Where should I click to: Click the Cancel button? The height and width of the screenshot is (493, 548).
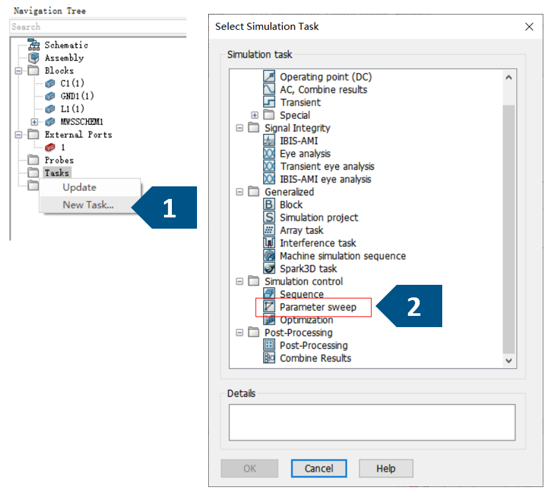319,468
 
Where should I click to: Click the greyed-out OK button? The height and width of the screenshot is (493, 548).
249,468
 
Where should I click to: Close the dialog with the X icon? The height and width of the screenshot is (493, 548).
529,26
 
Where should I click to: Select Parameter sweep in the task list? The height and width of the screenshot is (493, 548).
318,307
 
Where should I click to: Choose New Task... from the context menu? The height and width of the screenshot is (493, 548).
88,205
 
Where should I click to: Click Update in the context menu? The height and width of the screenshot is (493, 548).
79,187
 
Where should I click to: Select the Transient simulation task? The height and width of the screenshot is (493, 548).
300,102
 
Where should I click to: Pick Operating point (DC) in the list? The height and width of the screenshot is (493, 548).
325,77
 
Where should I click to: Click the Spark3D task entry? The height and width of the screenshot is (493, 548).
308,269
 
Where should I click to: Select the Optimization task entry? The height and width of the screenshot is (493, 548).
306,320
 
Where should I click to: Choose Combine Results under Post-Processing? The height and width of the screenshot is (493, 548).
315,358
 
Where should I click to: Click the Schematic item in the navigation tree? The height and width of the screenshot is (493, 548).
66,45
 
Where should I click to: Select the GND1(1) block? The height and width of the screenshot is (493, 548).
77,96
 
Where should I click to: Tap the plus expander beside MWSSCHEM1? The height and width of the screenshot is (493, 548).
34,122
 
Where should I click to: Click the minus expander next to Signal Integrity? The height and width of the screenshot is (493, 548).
239,128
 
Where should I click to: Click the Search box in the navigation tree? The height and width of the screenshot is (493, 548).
98,26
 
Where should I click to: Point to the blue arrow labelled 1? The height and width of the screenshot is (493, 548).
164,208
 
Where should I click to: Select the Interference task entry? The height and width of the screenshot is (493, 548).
318,243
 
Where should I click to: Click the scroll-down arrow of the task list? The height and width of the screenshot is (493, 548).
509,361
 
